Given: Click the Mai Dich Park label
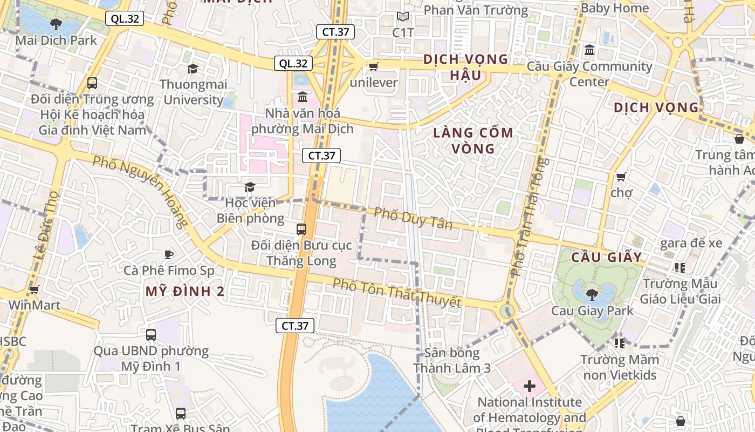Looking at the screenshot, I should coord(56,40).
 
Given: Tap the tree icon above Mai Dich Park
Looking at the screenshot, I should coord(56,24).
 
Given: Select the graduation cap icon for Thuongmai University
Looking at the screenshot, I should coord(193,69).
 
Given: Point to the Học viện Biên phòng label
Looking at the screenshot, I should coord(250,211).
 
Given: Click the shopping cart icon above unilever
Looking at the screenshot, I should coord(373,66).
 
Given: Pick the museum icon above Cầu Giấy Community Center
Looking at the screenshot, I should coord(589,50).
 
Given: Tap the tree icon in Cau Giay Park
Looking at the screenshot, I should coord(592,294).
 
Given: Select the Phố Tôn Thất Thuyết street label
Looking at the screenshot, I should coord(397,293).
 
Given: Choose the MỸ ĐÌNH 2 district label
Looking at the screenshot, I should coord(185,292).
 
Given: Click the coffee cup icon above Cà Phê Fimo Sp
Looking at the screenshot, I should coord(169,254).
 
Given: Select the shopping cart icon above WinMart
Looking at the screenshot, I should coord(34,290).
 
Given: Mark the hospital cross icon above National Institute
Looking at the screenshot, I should coord(529,386).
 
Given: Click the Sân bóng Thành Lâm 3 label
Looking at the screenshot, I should coord(452,360).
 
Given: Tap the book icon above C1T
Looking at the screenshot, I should coord(403,17).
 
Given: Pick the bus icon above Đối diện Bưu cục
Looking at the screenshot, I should coord(301,229).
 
